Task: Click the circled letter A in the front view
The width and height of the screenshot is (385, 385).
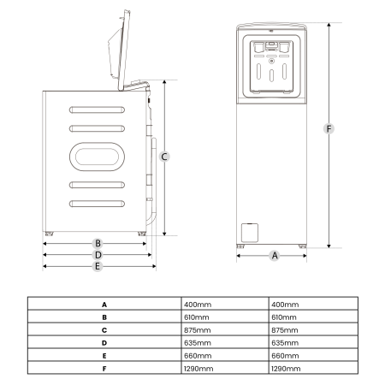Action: pos(275,256)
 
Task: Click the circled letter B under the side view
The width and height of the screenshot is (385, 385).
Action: pos(98,243)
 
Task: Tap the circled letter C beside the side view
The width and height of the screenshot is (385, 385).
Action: pos(164,156)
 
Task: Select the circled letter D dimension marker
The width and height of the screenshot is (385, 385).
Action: pos(98,254)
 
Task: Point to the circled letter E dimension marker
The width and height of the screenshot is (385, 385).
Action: pos(98,266)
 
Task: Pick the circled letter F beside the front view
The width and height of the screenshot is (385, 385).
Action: pos(329,129)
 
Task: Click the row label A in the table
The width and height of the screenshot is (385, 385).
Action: pos(104,304)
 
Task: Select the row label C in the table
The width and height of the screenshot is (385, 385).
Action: pos(104,329)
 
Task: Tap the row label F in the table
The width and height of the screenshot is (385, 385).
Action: pos(104,368)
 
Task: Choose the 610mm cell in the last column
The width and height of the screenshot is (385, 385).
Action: pos(284,317)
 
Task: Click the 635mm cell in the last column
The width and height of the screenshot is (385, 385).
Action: pos(284,342)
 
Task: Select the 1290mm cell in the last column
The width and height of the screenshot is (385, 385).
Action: pos(286,368)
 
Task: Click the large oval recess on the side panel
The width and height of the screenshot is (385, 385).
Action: pos(97,157)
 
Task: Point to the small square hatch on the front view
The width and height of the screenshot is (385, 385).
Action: pos(250,231)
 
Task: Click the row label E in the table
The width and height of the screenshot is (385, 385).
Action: pos(104,355)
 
